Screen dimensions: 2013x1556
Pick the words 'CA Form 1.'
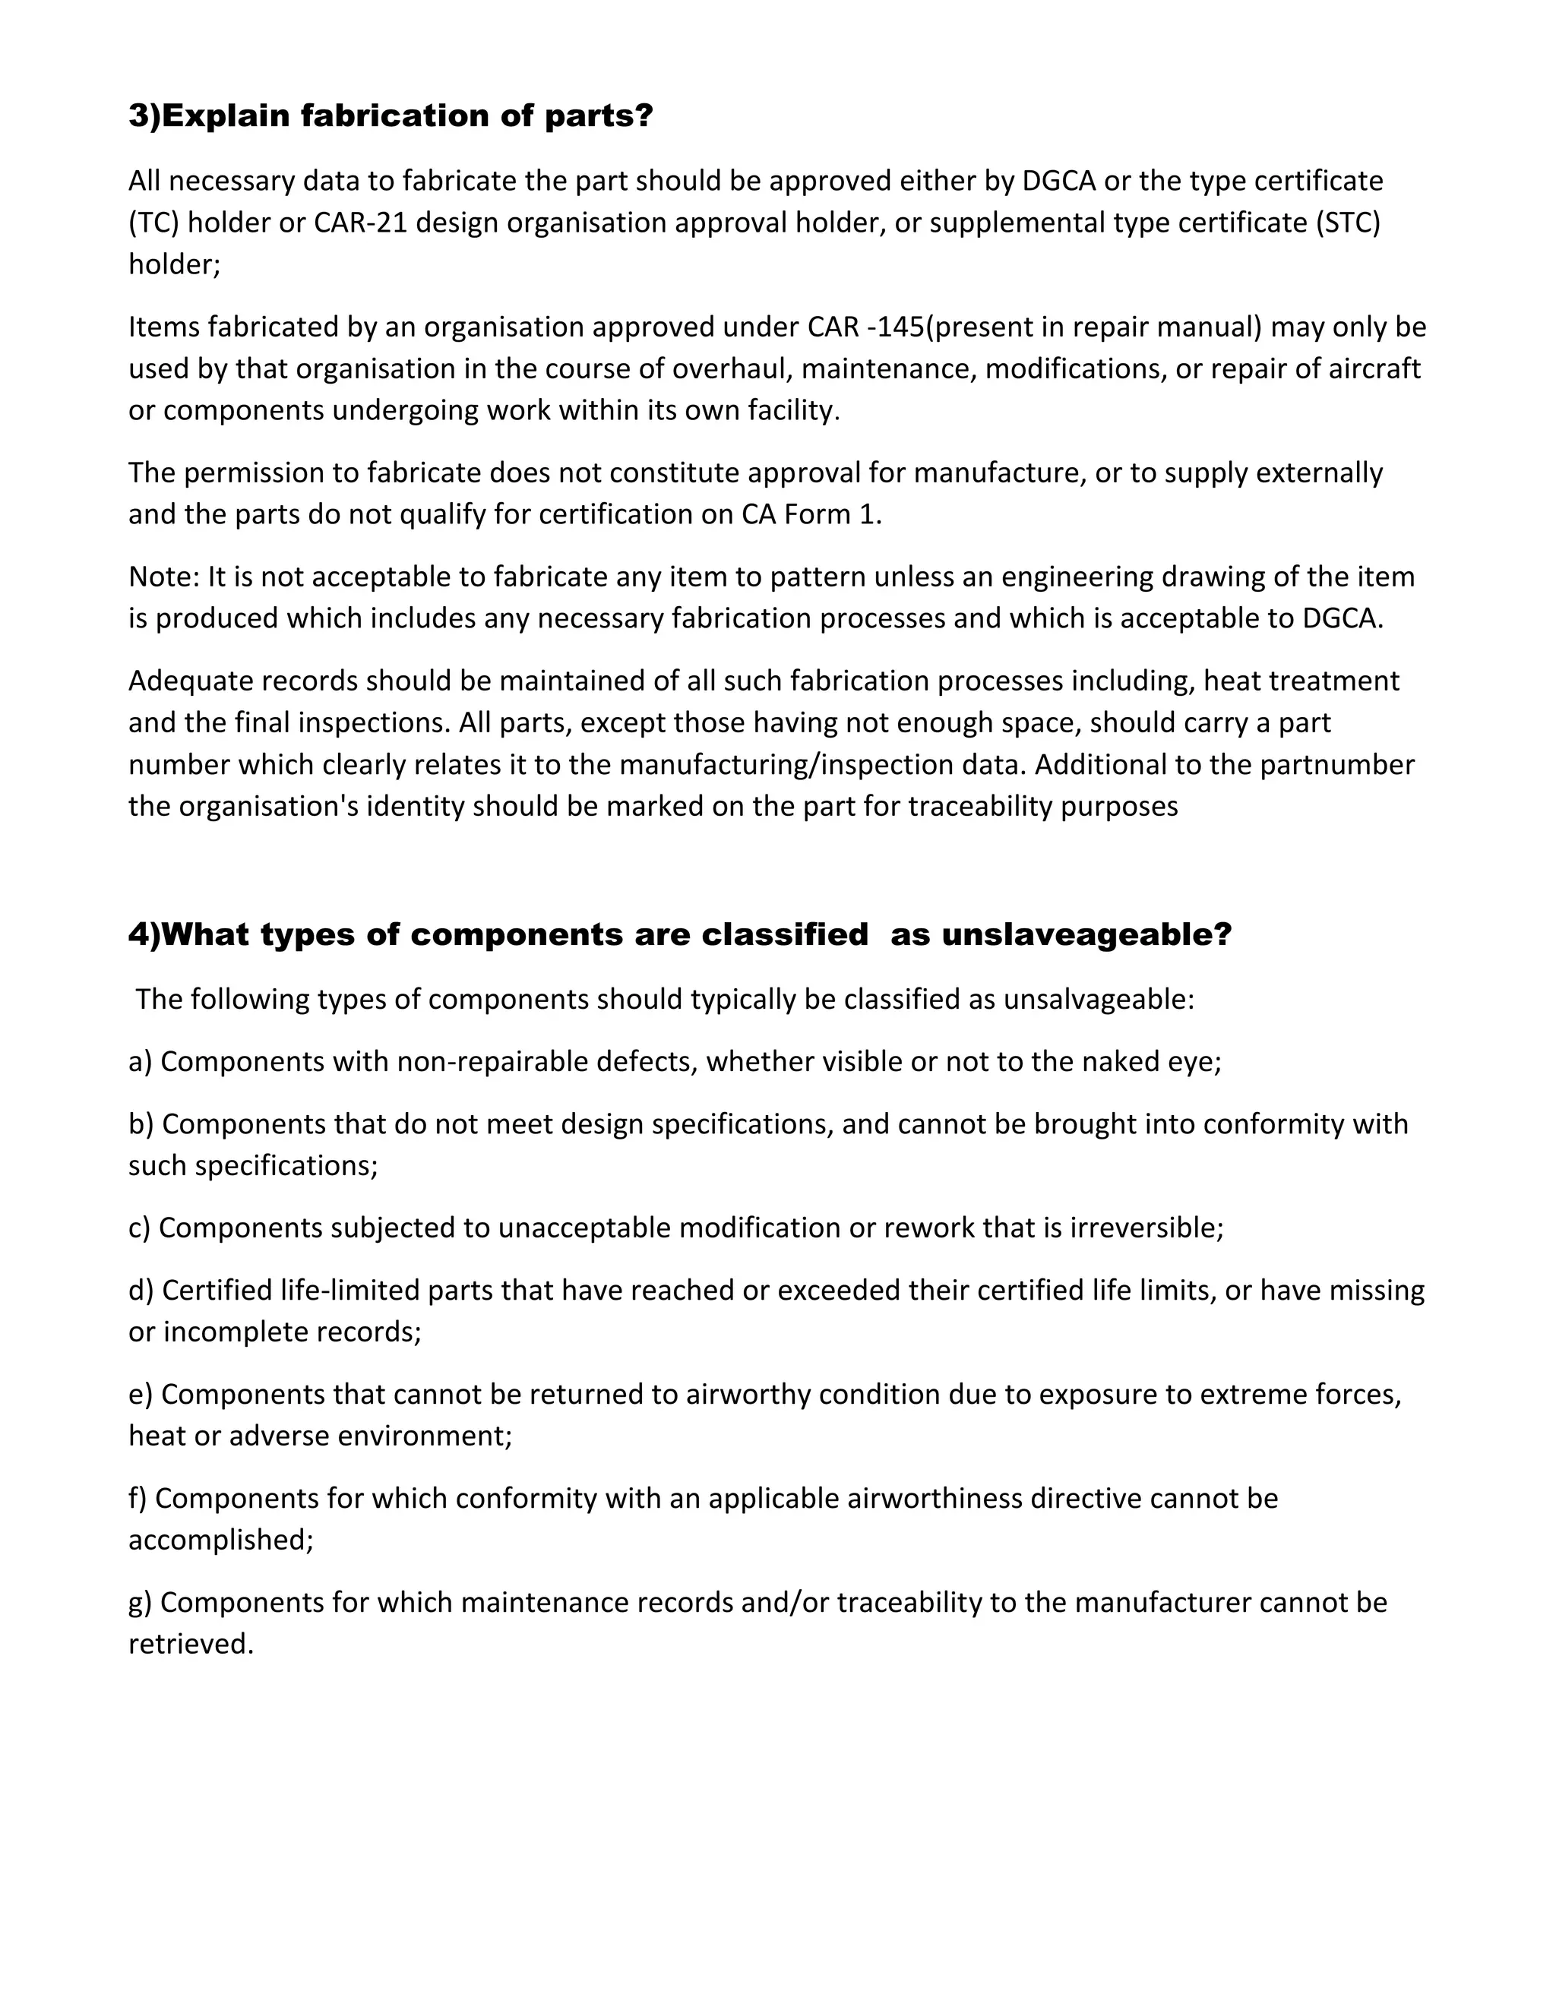(x=811, y=514)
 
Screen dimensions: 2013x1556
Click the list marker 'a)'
(x=140, y=1062)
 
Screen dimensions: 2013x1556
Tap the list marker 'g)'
(x=140, y=1603)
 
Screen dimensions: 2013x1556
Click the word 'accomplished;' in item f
(x=221, y=1541)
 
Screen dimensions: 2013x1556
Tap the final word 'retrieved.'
(x=191, y=1645)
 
